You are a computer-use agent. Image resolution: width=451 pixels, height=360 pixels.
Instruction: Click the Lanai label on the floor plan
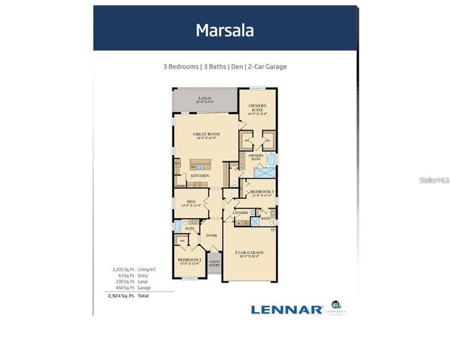206,97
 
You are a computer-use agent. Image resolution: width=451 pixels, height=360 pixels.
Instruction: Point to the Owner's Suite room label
257,109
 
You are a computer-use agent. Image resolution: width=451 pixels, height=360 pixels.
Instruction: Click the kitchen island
200,163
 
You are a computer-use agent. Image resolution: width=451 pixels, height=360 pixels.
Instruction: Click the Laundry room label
240,213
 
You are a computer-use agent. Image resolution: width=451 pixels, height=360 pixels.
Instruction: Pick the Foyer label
212,235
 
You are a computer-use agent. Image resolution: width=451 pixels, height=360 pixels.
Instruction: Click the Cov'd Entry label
214,264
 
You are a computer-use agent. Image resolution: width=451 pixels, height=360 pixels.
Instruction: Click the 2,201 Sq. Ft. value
123,268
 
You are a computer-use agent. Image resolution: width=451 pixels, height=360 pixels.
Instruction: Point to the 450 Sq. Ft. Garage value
123,286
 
